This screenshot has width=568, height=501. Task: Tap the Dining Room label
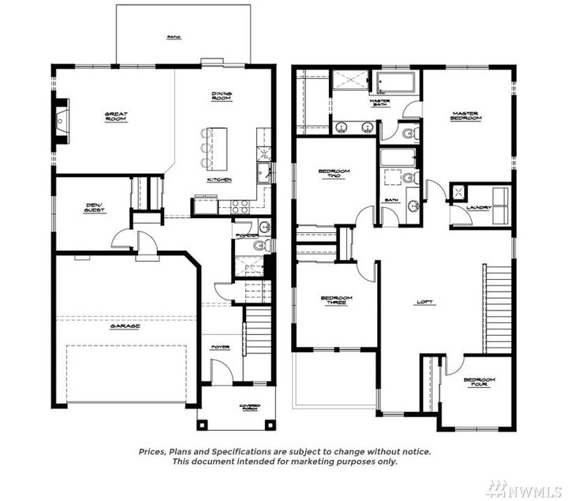(x=221, y=96)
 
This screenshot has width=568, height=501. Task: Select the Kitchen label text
(x=219, y=179)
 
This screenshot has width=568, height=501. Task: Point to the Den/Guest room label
(x=95, y=209)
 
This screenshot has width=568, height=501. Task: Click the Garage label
(x=125, y=326)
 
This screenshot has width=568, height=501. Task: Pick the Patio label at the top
(x=173, y=36)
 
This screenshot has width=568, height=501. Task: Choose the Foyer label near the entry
(x=220, y=347)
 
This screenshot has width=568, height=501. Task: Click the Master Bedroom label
(x=465, y=115)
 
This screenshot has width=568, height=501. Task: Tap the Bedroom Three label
(x=336, y=300)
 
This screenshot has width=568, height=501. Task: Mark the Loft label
(x=425, y=301)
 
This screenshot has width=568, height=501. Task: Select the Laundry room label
(x=479, y=208)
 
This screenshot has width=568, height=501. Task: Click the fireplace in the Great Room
(x=62, y=121)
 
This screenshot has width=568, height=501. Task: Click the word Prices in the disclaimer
(x=153, y=451)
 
